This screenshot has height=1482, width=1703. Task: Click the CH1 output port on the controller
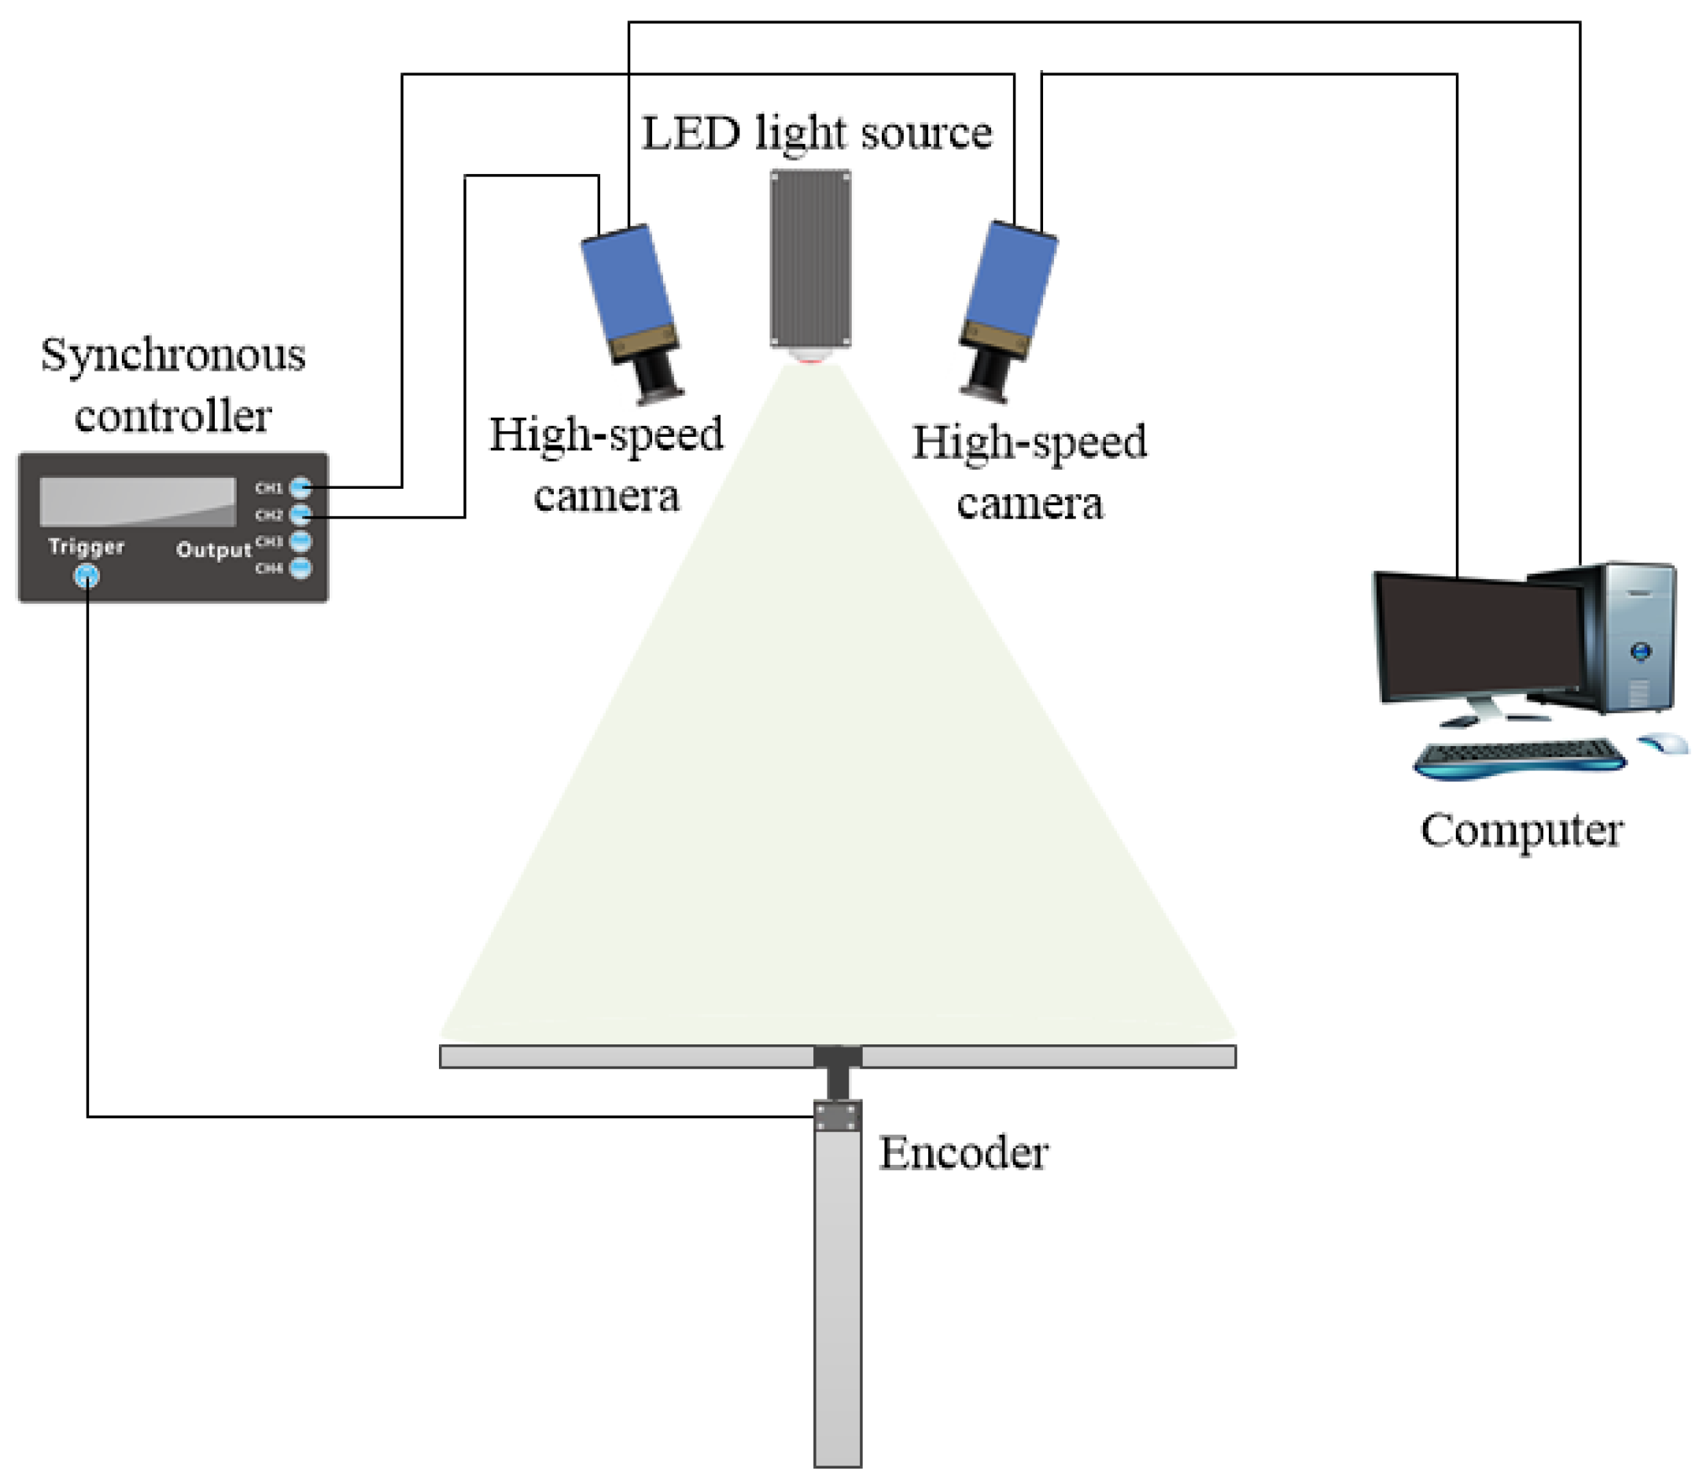pyautogui.click(x=300, y=487)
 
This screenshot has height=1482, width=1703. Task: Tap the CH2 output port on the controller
pyautogui.click(x=300, y=515)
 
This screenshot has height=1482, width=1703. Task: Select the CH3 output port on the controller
pyautogui.click(x=300, y=541)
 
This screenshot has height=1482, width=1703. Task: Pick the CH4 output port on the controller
pyautogui.click(x=300, y=568)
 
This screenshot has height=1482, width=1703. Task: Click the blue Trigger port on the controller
pyautogui.click(x=87, y=576)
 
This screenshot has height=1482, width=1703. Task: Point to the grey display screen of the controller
pyautogui.click(x=136, y=501)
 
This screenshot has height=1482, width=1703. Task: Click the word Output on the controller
pyautogui.click(x=213, y=550)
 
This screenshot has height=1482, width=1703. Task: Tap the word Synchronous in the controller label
pyautogui.click(x=173, y=356)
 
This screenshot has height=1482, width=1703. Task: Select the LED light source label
pyautogui.click(x=816, y=134)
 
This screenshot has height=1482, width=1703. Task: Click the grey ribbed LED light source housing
pyautogui.click(x=810, y=258)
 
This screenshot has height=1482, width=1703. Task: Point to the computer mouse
pyautogui.click(x=1664, y=742)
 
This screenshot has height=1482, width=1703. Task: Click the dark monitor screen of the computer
pyautogui.click(x=1480, y=637)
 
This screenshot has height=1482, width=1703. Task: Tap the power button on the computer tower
pyautogui.click(x=1640, y=652)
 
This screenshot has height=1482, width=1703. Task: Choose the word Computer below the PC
pyautogui.click(x=1521, y=830)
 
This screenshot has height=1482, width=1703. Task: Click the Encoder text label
pyautogui.click(x=963, y=1154)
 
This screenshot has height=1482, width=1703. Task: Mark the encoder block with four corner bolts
pyautogui.click(x=838, y=1117)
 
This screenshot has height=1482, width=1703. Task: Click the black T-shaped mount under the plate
pyautogui.click(x=838, y=1067)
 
